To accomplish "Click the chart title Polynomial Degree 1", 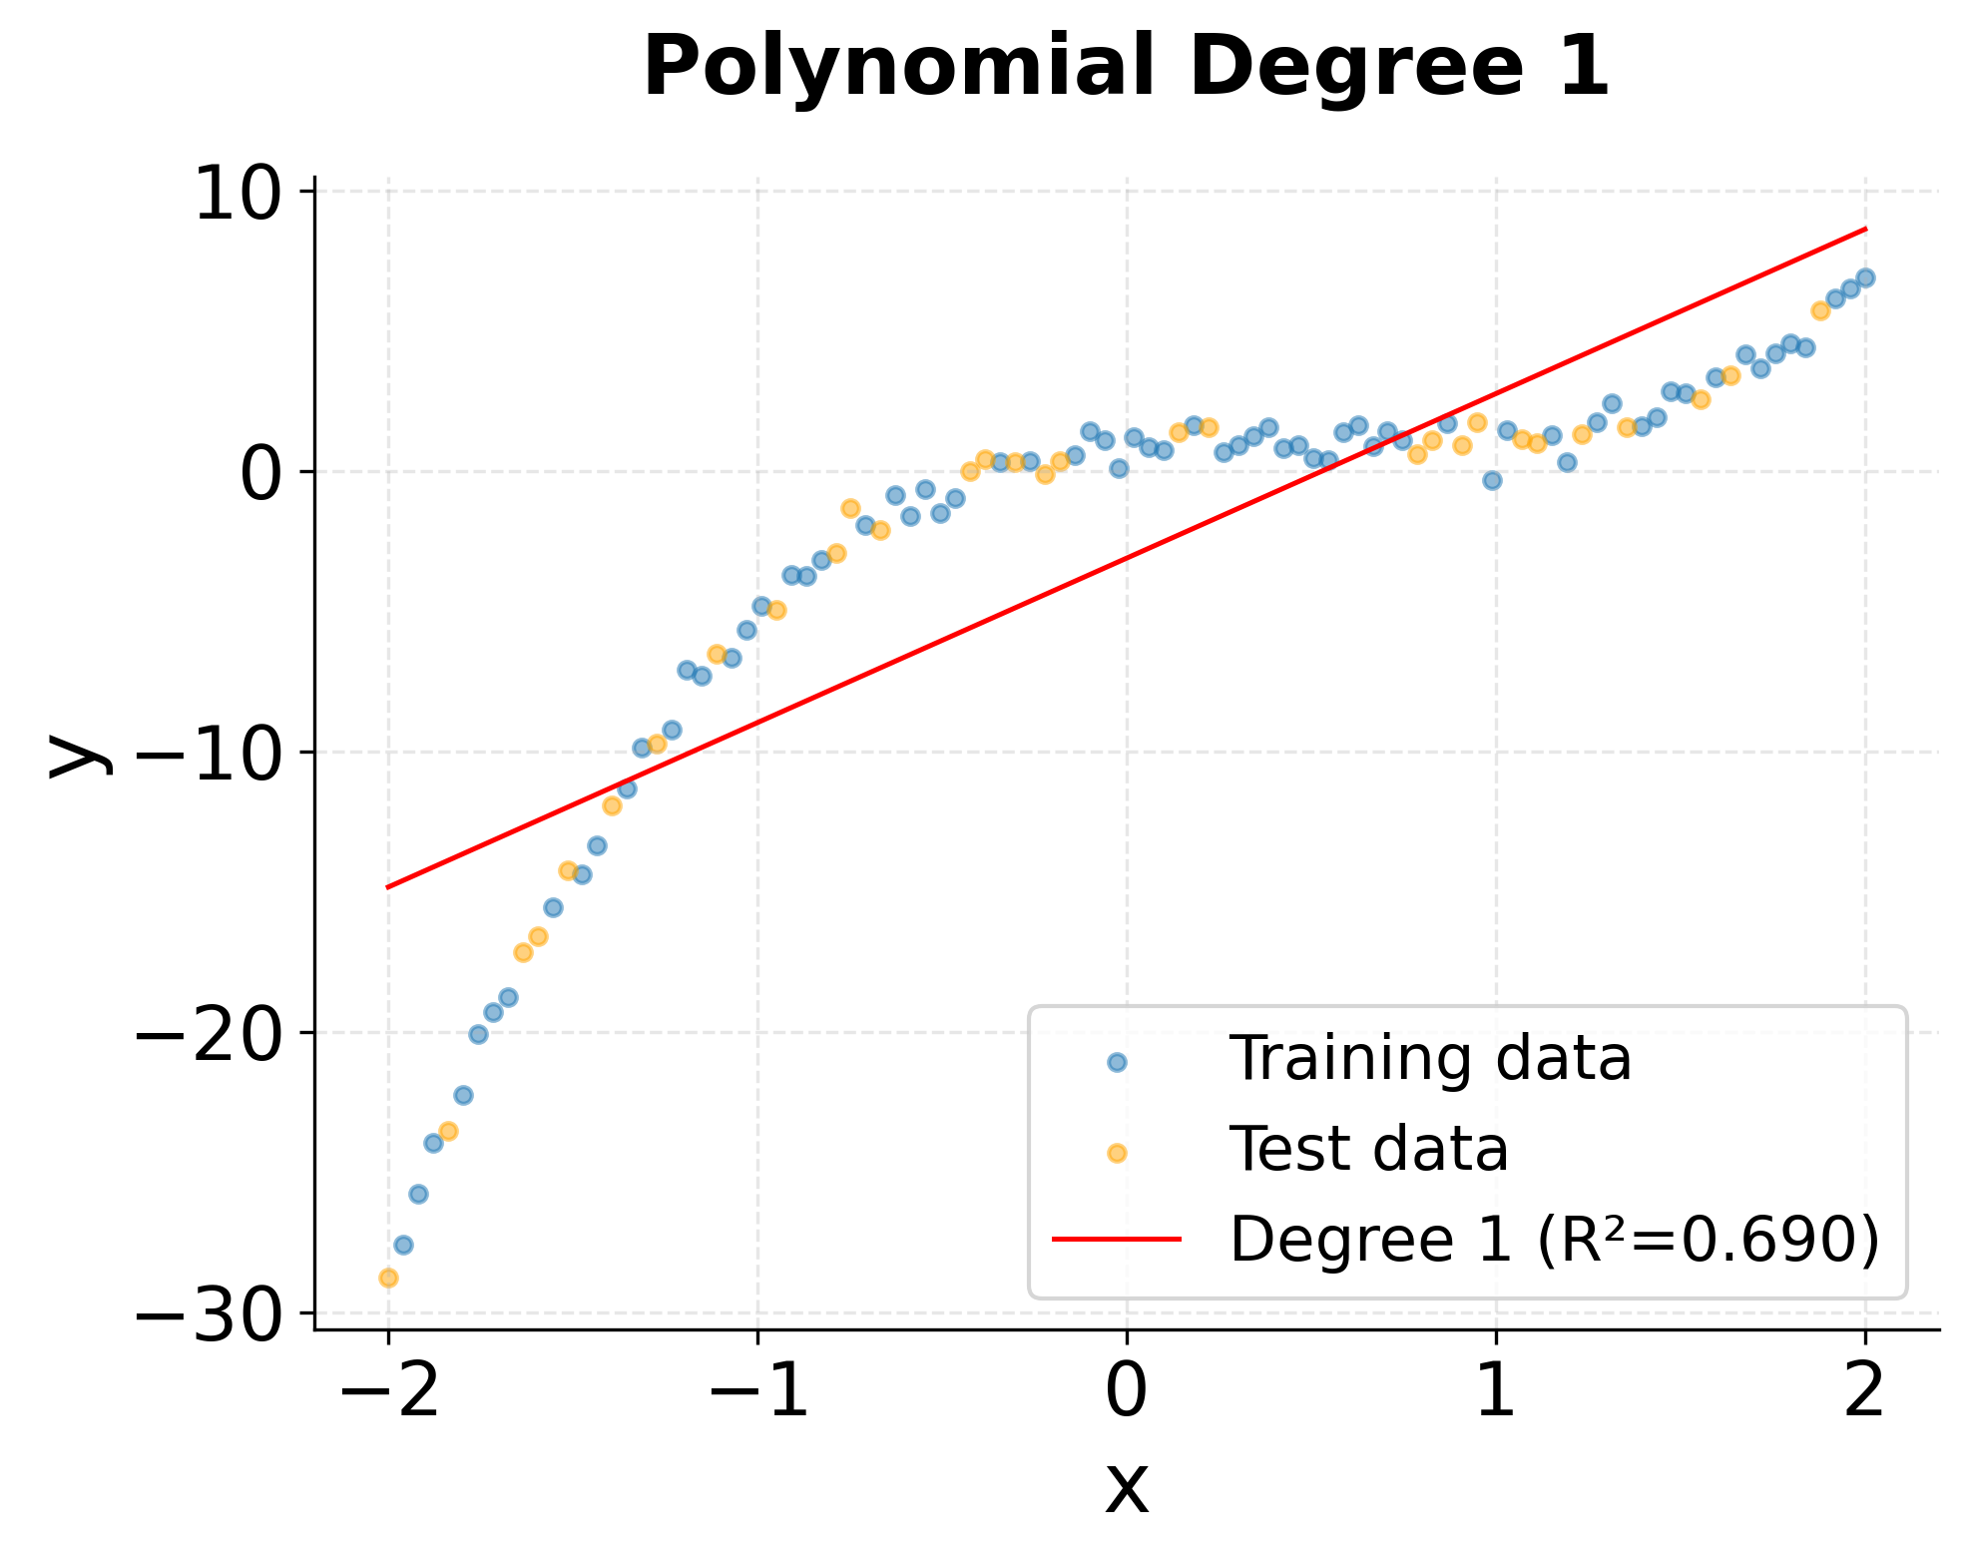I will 1126,66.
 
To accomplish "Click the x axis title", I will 1127,1487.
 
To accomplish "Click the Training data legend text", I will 1430,1059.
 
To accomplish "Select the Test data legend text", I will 1368,1149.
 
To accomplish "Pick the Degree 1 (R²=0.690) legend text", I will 1554,1240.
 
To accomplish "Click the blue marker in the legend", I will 1117,1062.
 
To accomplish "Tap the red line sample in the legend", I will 1117,1240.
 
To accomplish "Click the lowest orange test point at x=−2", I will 388,1278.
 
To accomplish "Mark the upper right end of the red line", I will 1865,229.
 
